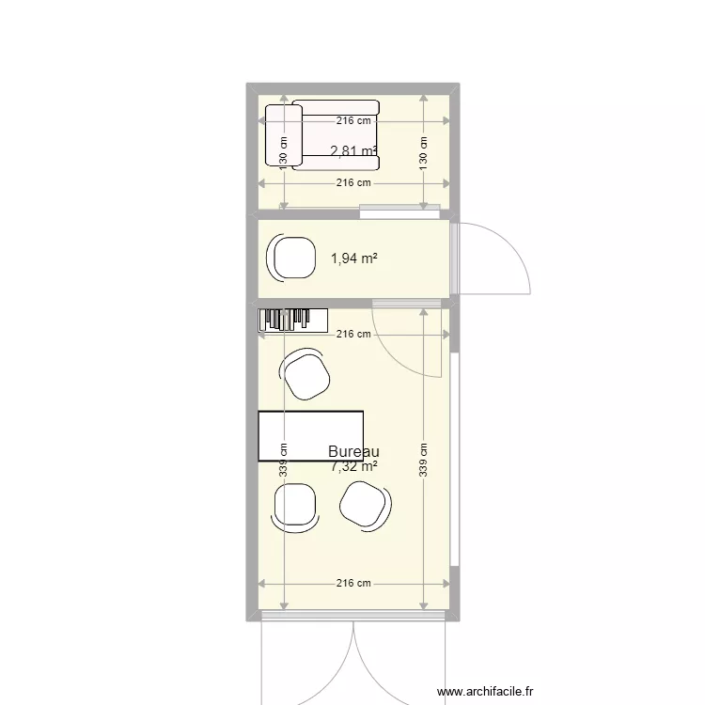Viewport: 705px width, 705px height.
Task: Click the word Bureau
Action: click(353, 452)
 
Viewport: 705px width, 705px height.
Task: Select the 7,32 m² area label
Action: click(353, 465)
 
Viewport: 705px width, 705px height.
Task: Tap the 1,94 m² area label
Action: click(353, 258)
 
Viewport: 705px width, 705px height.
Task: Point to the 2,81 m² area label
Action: click(353, 150)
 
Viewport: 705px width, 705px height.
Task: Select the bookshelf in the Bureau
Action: click(292, 320)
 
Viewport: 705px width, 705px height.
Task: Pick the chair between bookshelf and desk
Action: click(305, 373)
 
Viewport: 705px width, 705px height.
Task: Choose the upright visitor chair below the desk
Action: click(295, 506)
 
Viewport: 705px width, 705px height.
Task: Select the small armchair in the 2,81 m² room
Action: click(284, 136)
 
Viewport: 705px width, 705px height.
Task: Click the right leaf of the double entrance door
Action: click(399, 658)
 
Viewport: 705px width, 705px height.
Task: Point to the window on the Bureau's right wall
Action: click(455, 461)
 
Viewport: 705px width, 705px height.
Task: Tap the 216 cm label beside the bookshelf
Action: click(353, 334)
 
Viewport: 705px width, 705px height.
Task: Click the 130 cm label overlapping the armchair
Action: click(283, 148)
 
